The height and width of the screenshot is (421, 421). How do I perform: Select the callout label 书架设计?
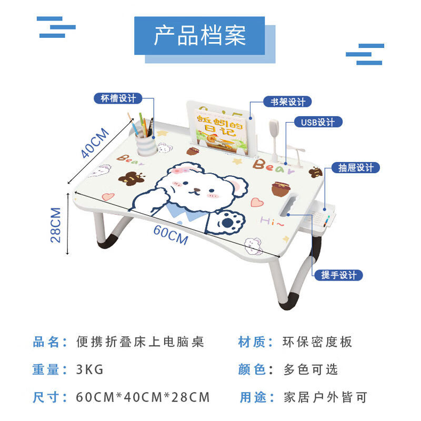tap(287, 102)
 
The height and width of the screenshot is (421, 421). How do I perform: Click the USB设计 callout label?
tap(317, 122)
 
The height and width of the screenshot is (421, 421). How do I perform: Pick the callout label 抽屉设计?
tap(356, 168)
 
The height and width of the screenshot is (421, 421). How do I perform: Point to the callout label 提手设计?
tap(338, 275)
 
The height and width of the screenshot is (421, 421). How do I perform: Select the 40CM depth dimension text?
tap(95, 143)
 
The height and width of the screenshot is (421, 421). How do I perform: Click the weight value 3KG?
tap(90, 369)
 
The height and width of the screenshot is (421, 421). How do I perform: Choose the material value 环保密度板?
tap(317, 342)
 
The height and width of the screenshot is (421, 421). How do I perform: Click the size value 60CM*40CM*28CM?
tap(143, 397)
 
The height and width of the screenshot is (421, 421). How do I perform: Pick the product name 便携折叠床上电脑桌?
tap(139, 342)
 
